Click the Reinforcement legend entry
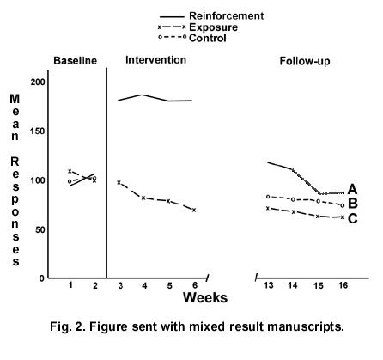227,15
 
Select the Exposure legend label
213,27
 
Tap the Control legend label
208,38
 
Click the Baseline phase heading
76,61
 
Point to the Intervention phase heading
156,60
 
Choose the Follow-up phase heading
305,61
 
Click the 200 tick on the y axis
38,82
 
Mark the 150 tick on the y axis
38,131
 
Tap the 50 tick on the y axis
40,230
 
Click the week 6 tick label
195,285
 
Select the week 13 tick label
268,285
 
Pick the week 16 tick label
343,285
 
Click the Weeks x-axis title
205,298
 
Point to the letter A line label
352,189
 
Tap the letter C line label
352,218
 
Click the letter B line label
353,204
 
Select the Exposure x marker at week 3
119,182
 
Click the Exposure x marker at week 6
194,210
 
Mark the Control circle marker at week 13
268,197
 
